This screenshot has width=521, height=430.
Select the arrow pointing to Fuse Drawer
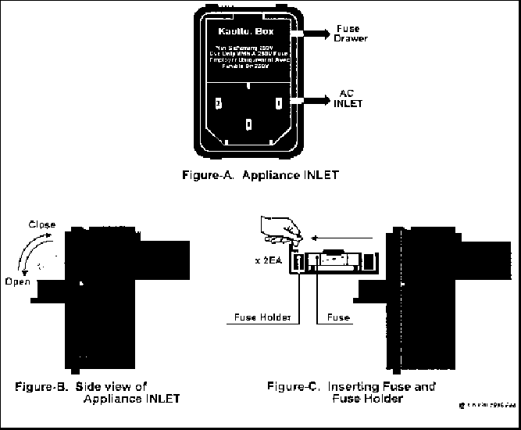pyautogui.click(x=312, y=34)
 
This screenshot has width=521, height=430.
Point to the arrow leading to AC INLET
pyautogui.click(x=312, y=101)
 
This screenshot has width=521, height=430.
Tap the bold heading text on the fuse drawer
pyautogui.click(x=248, y=34)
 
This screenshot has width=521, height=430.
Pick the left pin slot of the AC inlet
pyautogui.click(x=218, y=102)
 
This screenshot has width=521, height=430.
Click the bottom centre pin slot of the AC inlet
pyautogui.click(x=248, y=123)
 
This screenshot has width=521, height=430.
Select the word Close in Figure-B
pyautogui.click(x=41, y=225)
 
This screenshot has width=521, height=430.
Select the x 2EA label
pyautogui.click(x=273, y=261)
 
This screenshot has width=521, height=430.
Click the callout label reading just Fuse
pyautogui.click(x=337, y=318)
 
